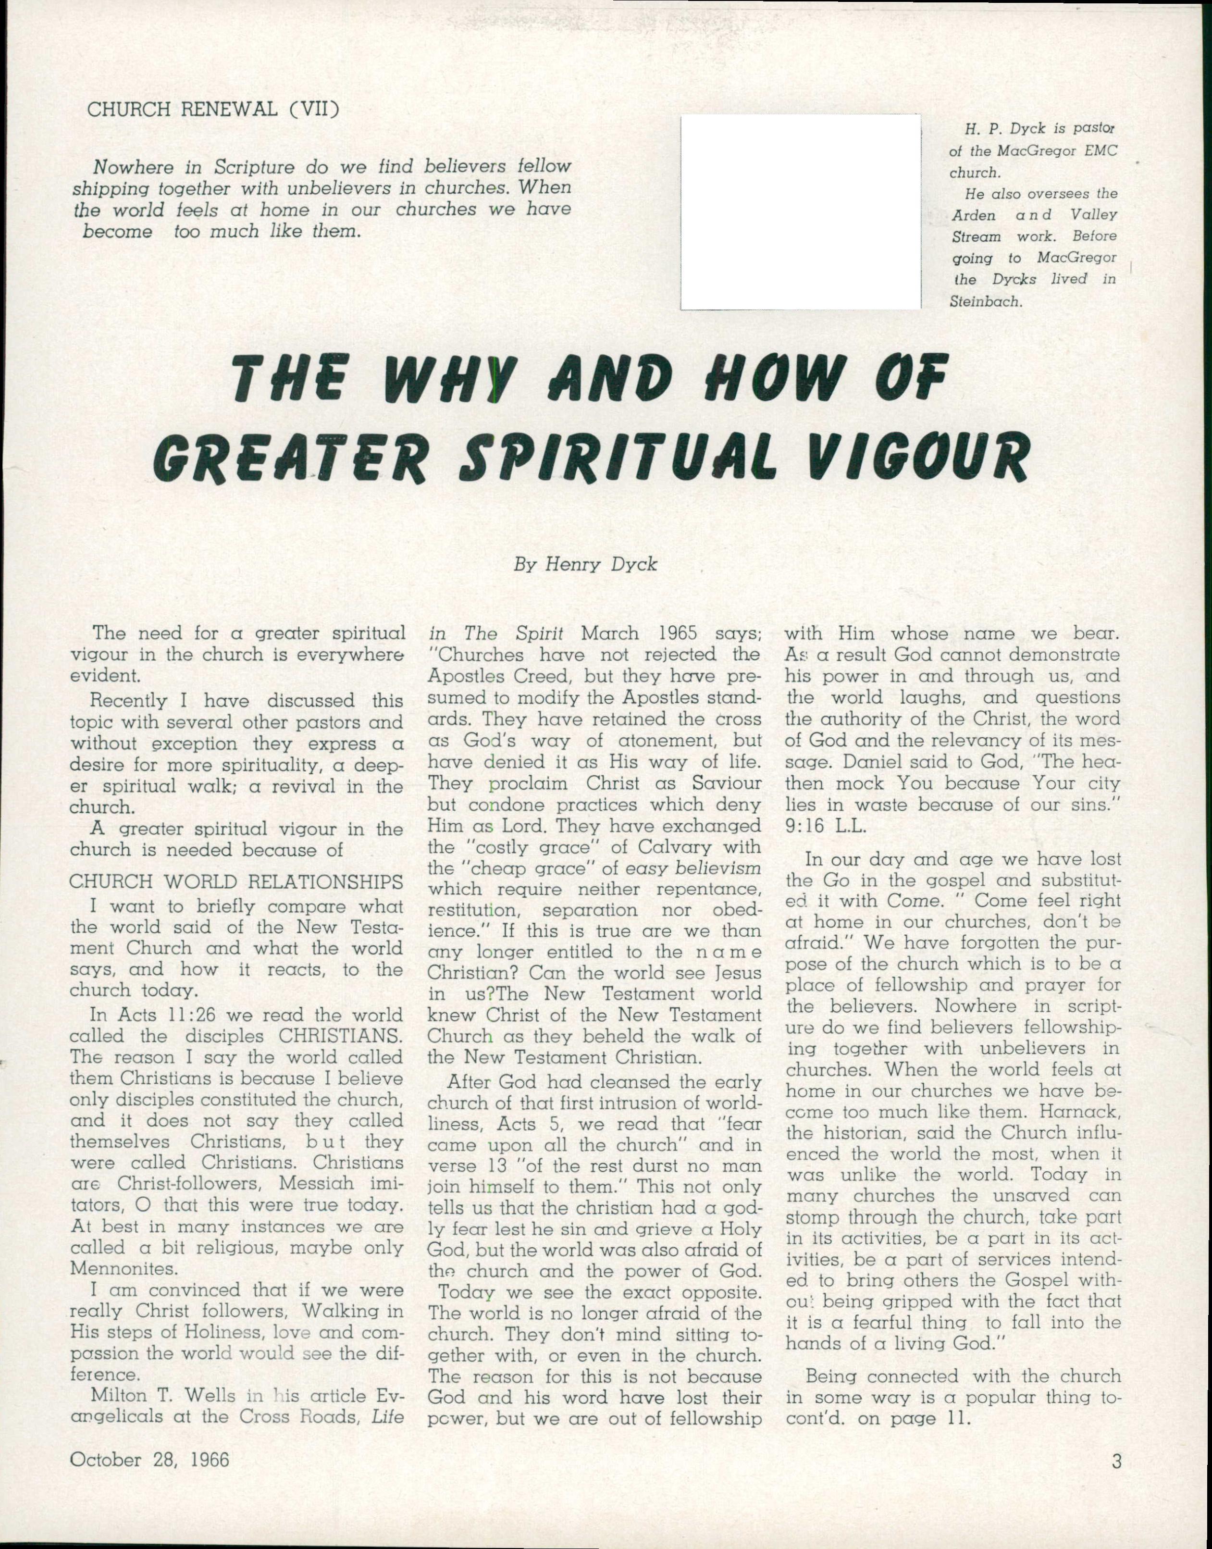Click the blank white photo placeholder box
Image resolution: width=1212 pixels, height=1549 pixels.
tap(801, 212)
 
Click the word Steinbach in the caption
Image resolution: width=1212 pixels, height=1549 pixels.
tap(984, 301)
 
